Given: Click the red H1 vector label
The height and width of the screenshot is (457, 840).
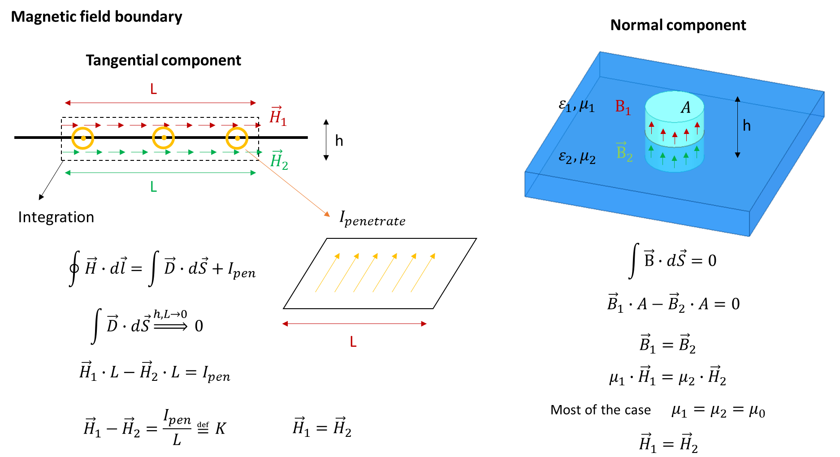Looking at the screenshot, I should point(278,116).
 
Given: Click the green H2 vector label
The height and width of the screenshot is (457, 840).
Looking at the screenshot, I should point(279,160).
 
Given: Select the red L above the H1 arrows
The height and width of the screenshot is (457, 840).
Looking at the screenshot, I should point(153,89).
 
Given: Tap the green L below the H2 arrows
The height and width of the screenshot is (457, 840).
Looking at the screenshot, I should point(153,186).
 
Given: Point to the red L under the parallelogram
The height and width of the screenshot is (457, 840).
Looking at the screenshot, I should point(353,342).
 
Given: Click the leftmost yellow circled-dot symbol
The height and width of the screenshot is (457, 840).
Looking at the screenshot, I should point(83,138).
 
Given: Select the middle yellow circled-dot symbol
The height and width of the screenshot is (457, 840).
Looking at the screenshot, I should point(163,138).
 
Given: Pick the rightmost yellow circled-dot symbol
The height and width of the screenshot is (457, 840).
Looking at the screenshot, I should point(237,138).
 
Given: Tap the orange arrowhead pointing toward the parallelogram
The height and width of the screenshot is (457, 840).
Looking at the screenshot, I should point(327,215).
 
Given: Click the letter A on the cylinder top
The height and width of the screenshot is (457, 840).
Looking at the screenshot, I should point(685,108).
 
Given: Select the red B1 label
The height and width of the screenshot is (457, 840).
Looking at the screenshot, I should point(623,107).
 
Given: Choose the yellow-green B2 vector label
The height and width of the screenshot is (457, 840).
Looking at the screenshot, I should point(624,152).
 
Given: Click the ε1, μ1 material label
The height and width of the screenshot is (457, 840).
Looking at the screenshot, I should point(576,105).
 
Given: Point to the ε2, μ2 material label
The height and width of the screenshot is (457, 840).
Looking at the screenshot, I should point(577,157).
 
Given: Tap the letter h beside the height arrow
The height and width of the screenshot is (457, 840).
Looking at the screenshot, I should point(746,126).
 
